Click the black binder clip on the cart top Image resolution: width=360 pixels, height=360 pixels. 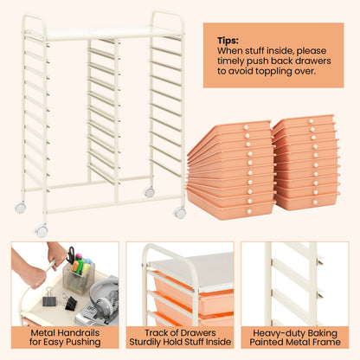pyautogui.click(x=47, y=300)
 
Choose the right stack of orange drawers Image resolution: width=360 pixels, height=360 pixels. pyautogui.click(x=305, y=163)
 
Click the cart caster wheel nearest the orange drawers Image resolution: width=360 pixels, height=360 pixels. pyautogui.click(x=179, y=212)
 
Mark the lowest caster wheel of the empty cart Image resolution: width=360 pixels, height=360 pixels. pyautogui.click(x=42, y=231)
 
